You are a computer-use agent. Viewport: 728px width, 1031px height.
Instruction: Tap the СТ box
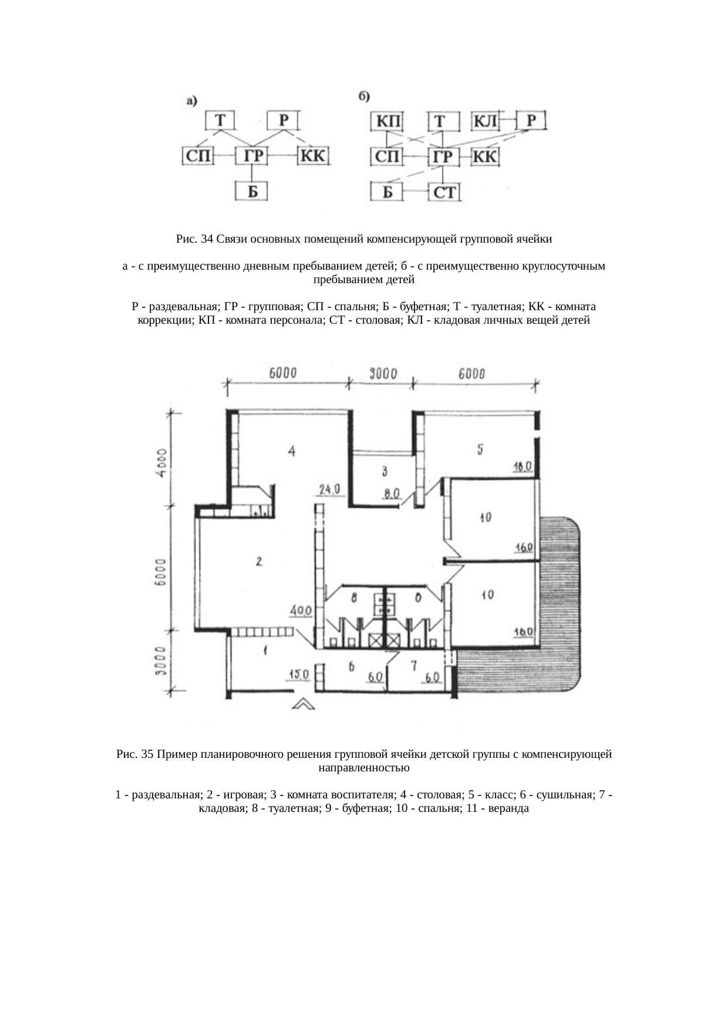pos(444,192)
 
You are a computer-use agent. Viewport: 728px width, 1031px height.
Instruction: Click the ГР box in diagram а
pos(252,156)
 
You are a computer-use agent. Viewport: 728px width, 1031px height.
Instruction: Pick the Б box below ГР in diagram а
pos(252,191)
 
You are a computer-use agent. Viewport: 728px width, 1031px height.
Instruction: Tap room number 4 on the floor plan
pos(292,451)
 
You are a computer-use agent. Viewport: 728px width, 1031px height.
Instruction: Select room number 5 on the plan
pos(480,449)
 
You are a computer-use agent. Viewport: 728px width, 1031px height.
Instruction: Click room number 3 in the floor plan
pos(385,471)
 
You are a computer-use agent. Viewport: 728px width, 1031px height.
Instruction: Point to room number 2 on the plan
pos(259,562)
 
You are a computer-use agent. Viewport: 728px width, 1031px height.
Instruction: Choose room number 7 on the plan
pos(414,665)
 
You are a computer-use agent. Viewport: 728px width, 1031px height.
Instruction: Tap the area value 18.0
pos(521,466)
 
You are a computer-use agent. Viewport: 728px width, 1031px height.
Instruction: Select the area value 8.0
pos(392,493)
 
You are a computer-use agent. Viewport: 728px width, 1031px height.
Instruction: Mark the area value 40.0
pos(301,612)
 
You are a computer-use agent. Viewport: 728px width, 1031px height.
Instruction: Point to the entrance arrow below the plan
pos(304,703)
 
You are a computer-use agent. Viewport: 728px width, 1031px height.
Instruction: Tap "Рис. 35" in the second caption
pos(135,754)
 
